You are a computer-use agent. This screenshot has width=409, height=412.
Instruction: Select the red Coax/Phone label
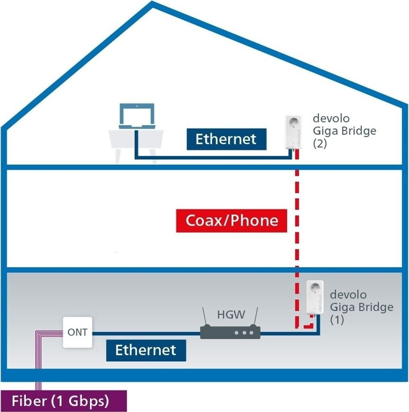232,220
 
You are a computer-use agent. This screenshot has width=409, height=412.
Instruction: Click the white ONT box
77,332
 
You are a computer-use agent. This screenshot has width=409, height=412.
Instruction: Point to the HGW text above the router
231,315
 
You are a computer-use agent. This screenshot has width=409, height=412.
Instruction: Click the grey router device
230,333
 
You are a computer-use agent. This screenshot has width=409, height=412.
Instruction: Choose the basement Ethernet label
146,350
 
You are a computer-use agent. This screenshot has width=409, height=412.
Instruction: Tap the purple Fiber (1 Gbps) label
60,401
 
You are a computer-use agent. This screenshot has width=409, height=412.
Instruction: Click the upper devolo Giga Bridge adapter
294,133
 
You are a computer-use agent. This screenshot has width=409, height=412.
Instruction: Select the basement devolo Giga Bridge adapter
315,298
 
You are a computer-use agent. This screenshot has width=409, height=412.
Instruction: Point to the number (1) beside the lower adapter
337,320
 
